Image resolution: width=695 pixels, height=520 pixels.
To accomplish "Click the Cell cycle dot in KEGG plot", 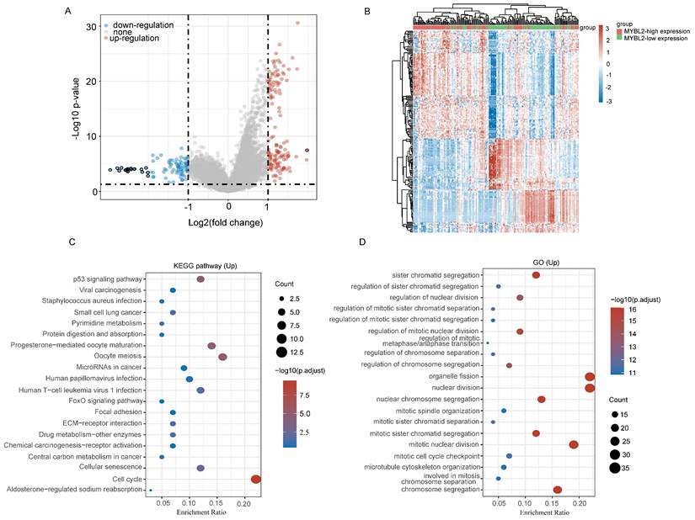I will pos(256,479).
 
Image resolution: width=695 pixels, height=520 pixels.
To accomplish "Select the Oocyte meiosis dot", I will pos(222,358).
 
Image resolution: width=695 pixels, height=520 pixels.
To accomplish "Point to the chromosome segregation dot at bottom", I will pos(557,489).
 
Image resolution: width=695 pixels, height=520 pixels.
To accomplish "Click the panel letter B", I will pos(366,11).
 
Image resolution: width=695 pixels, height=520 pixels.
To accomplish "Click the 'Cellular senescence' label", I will pos(108,467).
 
